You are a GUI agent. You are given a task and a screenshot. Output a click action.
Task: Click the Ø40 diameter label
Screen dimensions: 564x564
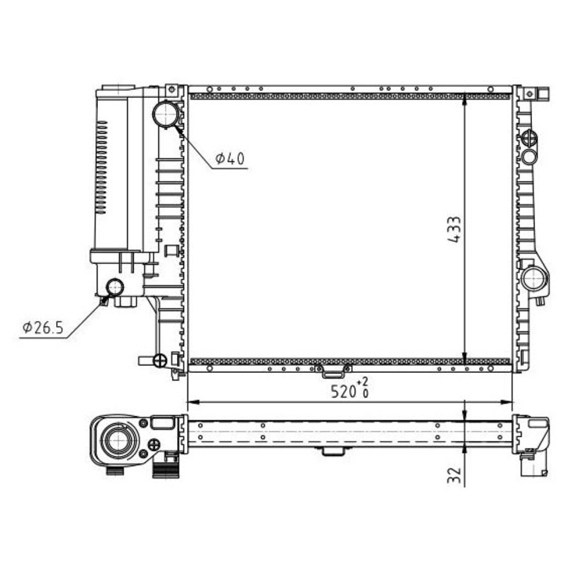(x=230, y=158)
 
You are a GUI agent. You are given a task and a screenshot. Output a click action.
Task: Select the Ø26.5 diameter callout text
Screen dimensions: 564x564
(x=43, y=327)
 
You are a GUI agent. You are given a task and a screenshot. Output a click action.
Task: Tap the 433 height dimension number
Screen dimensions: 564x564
(x=454, y=230)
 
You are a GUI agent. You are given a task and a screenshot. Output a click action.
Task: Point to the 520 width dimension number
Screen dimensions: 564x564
(x=343, y=392)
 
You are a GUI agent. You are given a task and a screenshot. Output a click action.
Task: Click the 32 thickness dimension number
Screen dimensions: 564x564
(x=454, y=475)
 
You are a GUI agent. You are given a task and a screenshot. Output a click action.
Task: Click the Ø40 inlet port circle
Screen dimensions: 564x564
(x=166, y=114)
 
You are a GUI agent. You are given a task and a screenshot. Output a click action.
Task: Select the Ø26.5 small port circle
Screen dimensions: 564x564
(x=115, y=287)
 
